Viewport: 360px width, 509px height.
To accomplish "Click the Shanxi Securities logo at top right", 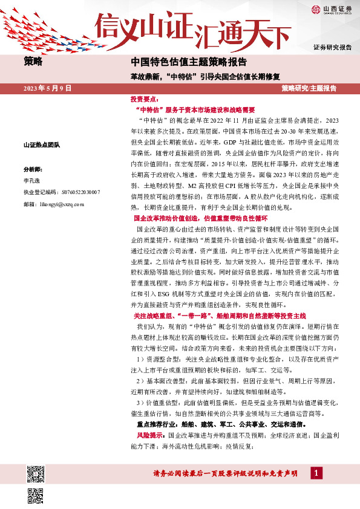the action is point(330,9).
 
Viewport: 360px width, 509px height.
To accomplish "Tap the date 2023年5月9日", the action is point(48,88).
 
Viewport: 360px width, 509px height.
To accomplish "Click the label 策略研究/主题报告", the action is point(309,88).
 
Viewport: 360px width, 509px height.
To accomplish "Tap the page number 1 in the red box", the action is point(315,473).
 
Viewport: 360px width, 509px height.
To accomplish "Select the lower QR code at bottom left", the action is point(36,495).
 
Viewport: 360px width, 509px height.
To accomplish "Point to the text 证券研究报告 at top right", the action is point(332,47).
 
